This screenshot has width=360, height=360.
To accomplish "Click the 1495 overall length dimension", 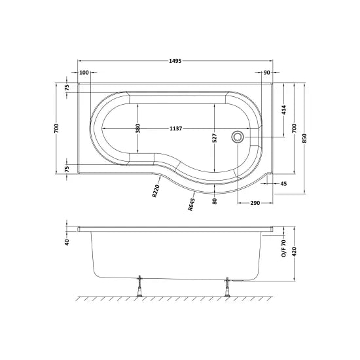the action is pos(175,61).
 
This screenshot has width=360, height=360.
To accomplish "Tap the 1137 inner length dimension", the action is pos(175,128).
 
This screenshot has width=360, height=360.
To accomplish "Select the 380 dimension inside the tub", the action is pos(137,128).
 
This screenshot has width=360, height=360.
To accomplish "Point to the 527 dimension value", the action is pos(214,138).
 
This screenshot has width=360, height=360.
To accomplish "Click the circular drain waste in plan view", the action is pos(237,137).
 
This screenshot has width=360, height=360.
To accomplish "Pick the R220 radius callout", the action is pos(156,190).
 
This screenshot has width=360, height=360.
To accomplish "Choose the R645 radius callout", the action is pos(191,204).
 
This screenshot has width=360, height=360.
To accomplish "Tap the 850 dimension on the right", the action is pos(304,138).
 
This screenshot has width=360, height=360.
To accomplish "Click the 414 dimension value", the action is pos(284,110).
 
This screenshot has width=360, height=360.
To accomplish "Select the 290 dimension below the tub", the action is pos(255,203).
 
